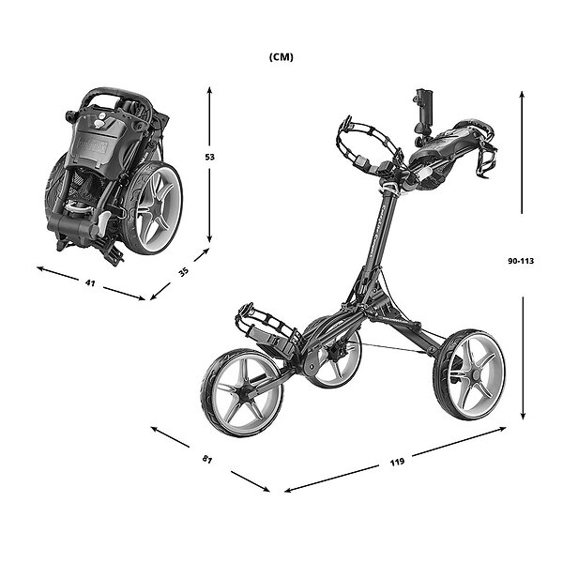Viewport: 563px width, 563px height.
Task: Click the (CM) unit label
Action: [281, 57]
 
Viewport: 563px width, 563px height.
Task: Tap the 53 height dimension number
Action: [209, 157]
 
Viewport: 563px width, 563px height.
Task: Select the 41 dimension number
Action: [90, 283]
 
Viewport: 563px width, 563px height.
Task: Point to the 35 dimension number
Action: [184, 272]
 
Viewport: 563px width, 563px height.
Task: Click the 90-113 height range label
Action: [521, 261]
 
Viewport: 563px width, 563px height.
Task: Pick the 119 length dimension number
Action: [397, 462]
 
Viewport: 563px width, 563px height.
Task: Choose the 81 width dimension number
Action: [207, 460]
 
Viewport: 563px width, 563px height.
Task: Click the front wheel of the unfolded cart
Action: [242, 392]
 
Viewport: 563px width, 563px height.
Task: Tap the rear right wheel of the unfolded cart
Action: [469, 374]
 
